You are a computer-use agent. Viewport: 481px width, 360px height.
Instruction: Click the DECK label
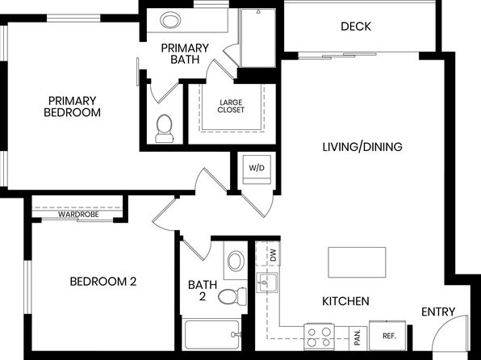coord(356,27)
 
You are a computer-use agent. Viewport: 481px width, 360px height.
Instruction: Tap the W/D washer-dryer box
coord(257,170)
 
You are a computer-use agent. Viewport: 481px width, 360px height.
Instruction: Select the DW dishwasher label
coord(274,255)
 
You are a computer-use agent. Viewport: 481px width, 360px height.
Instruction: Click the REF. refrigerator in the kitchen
coord(387,336)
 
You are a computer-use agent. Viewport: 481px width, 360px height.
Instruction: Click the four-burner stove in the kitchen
coord(319,337)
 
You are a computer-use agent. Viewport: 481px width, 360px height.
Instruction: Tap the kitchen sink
coord(266,283)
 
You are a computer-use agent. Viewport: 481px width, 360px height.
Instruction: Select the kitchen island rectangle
coord(357,262)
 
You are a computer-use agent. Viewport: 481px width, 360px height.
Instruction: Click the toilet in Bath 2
coord(232,296)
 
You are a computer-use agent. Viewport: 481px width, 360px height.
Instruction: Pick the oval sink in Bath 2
coord(236,261)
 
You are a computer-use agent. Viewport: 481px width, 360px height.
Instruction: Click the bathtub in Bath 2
coord(211,334)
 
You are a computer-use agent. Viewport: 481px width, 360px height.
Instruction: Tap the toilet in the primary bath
coord(164,129)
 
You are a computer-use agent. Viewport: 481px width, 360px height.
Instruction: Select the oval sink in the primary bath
coord(170,20)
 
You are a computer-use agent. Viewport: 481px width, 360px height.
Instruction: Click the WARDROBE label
coord(78,215)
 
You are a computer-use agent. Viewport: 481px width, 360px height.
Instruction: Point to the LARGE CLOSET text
coord(231,107)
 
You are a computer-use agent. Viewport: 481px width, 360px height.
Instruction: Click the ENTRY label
coord(438,312)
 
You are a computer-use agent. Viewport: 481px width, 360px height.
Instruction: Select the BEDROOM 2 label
coord(103,282)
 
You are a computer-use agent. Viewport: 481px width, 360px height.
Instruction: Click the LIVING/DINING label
coord(362,147)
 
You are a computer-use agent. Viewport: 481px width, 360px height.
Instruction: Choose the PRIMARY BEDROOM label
coord(72,107)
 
